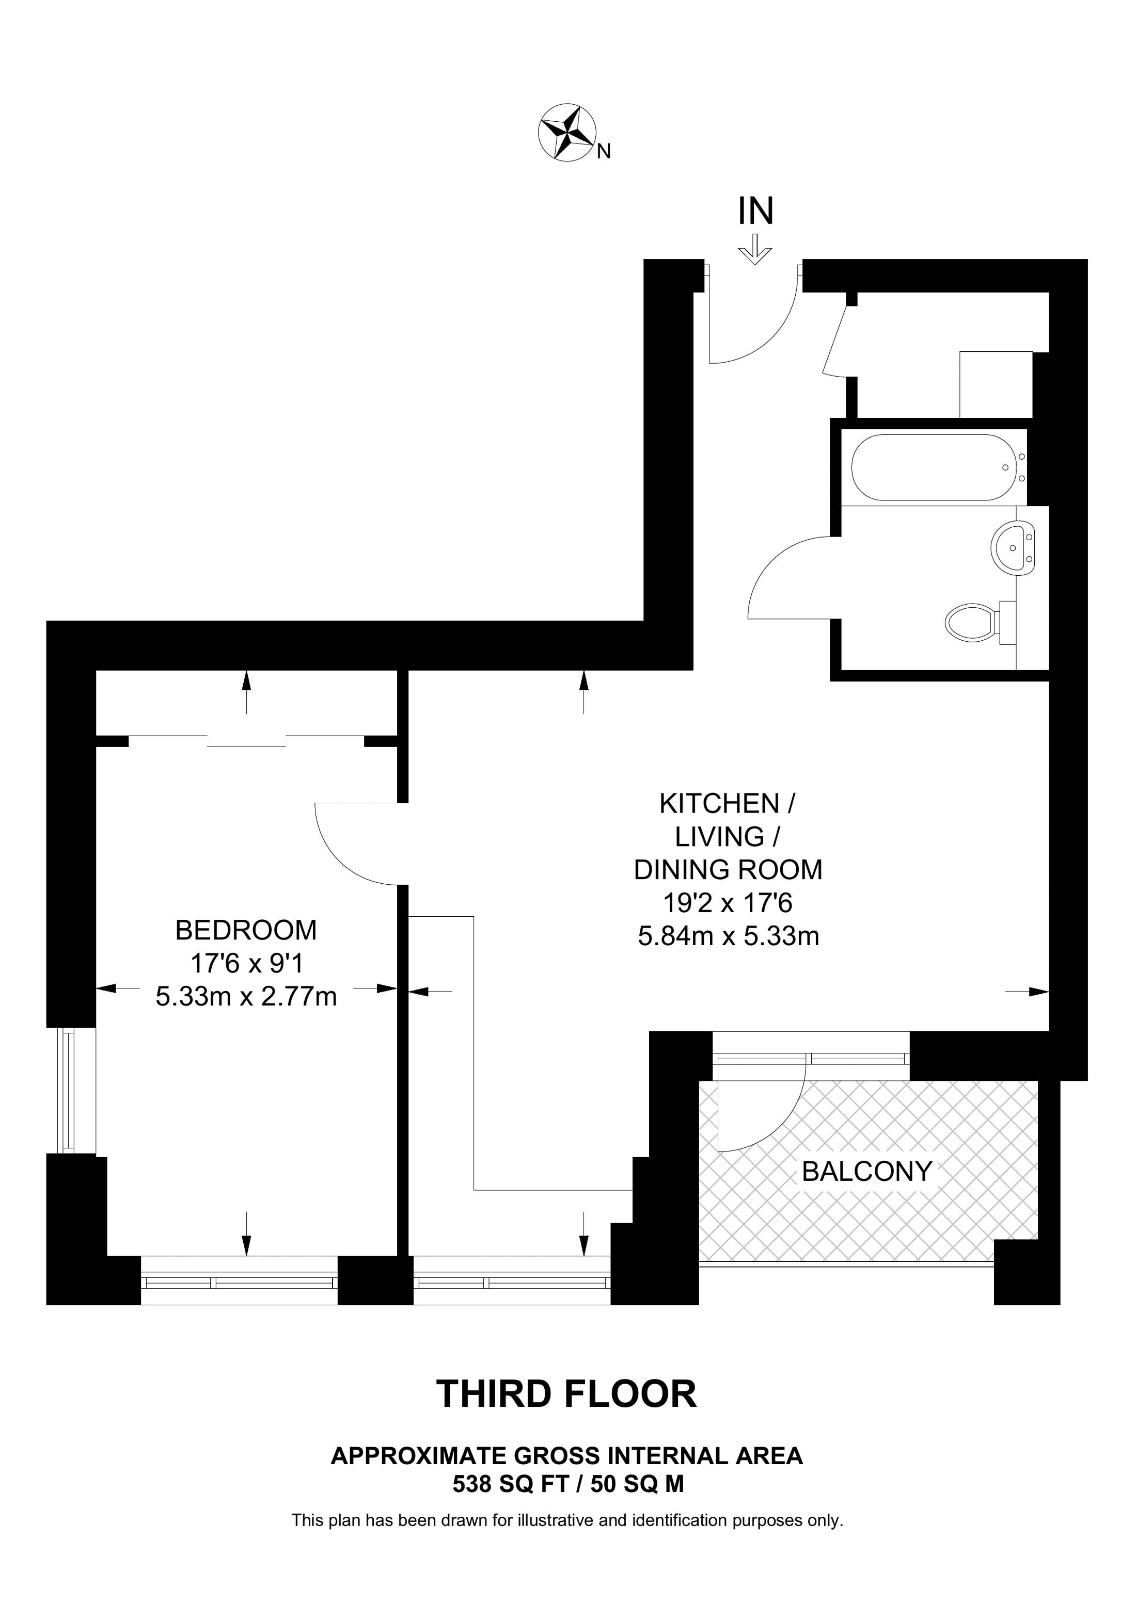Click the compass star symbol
[x=567, y=133]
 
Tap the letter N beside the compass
[x=603, y=151]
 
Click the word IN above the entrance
[x=756, y=210]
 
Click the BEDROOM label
[x=246, y=930]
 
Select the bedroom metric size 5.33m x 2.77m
[x=246, y=997]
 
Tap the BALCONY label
[x=867, y=1171]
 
